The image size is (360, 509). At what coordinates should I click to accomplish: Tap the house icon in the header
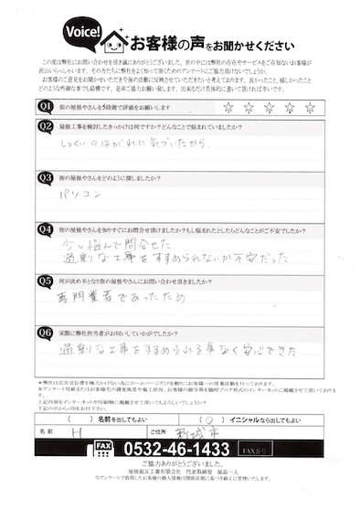click(116, 41)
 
